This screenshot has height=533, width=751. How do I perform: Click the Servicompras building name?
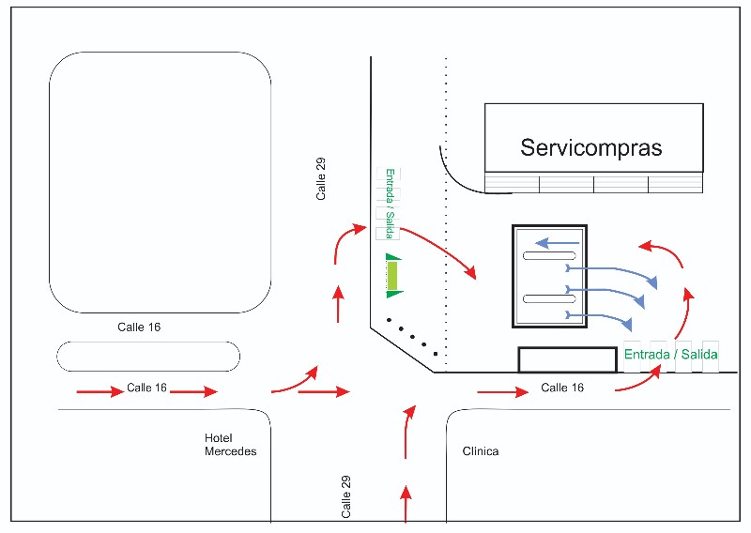coord(591,148)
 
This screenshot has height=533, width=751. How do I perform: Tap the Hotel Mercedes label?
coord(230,445)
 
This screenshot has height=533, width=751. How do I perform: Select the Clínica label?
coord(481,451)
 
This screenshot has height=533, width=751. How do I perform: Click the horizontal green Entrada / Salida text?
coord(670,354)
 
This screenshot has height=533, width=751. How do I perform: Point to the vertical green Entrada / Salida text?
coord(389,204)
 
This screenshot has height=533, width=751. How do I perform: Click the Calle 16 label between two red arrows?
coord(146,388)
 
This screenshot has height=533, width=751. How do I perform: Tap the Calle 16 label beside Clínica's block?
coord(562,388)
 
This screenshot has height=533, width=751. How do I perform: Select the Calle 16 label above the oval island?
coord(137,327)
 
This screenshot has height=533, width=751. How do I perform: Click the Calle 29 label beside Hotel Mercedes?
coord(346,497)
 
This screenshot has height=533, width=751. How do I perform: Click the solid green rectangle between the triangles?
coord(393,276)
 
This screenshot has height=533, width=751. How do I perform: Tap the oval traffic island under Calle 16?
coord(148,357)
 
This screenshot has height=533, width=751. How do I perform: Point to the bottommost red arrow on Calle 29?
coord(406,504)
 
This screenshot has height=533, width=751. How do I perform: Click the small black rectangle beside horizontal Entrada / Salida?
coord(568,359)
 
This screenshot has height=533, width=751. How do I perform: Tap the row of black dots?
coord(413,336)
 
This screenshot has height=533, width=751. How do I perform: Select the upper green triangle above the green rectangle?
coord(393,257)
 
